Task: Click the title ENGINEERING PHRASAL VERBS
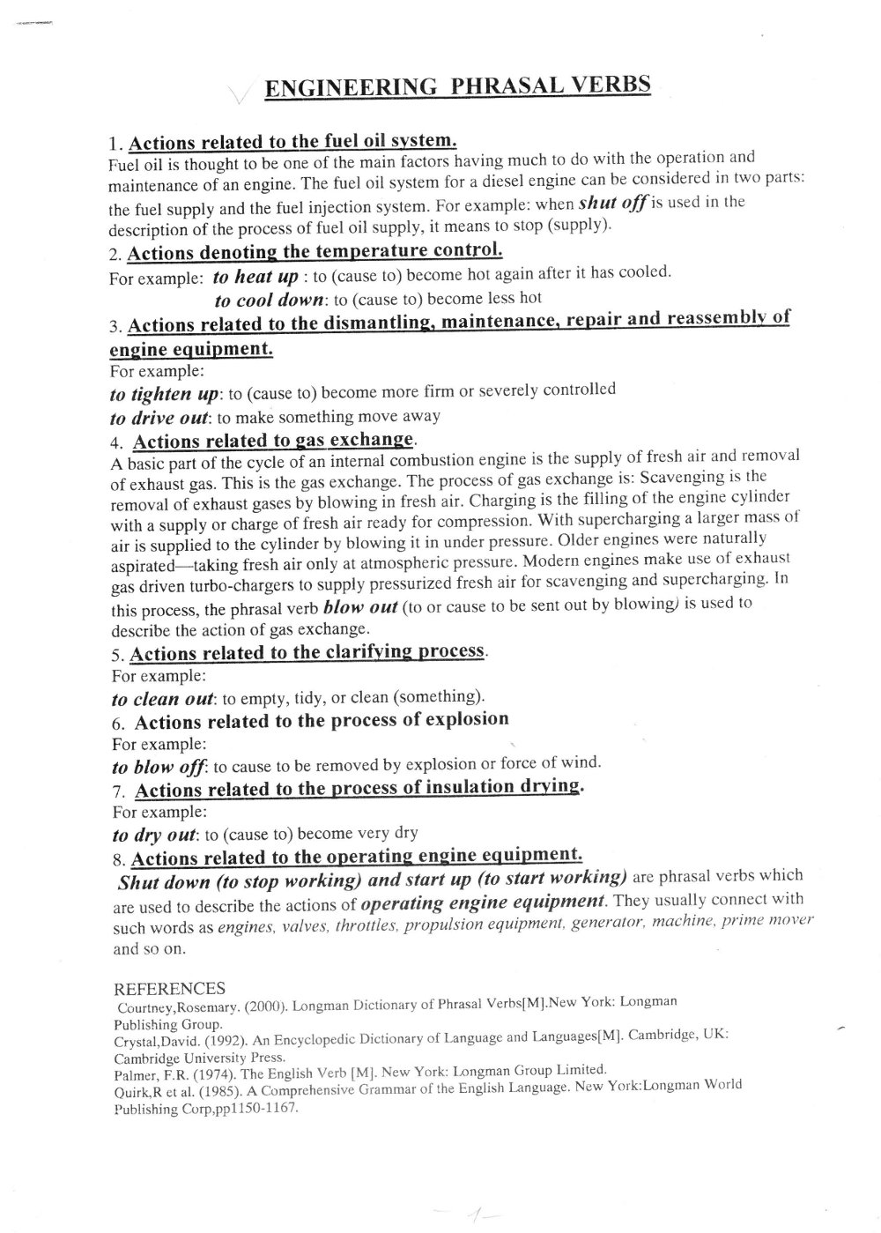[457, 85]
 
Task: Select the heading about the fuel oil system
[292, 141]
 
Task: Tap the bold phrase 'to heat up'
[255, 277]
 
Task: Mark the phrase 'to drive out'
[159, 418]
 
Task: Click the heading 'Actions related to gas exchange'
[273, 440]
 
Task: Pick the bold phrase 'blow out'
[361, 607]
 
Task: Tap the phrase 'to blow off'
[159, 767]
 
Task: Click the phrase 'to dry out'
[156, 836]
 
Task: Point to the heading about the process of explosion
[322, 721]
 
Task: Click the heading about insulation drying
[358, 788]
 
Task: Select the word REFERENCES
[170, 988]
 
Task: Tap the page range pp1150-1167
[260, 1108]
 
